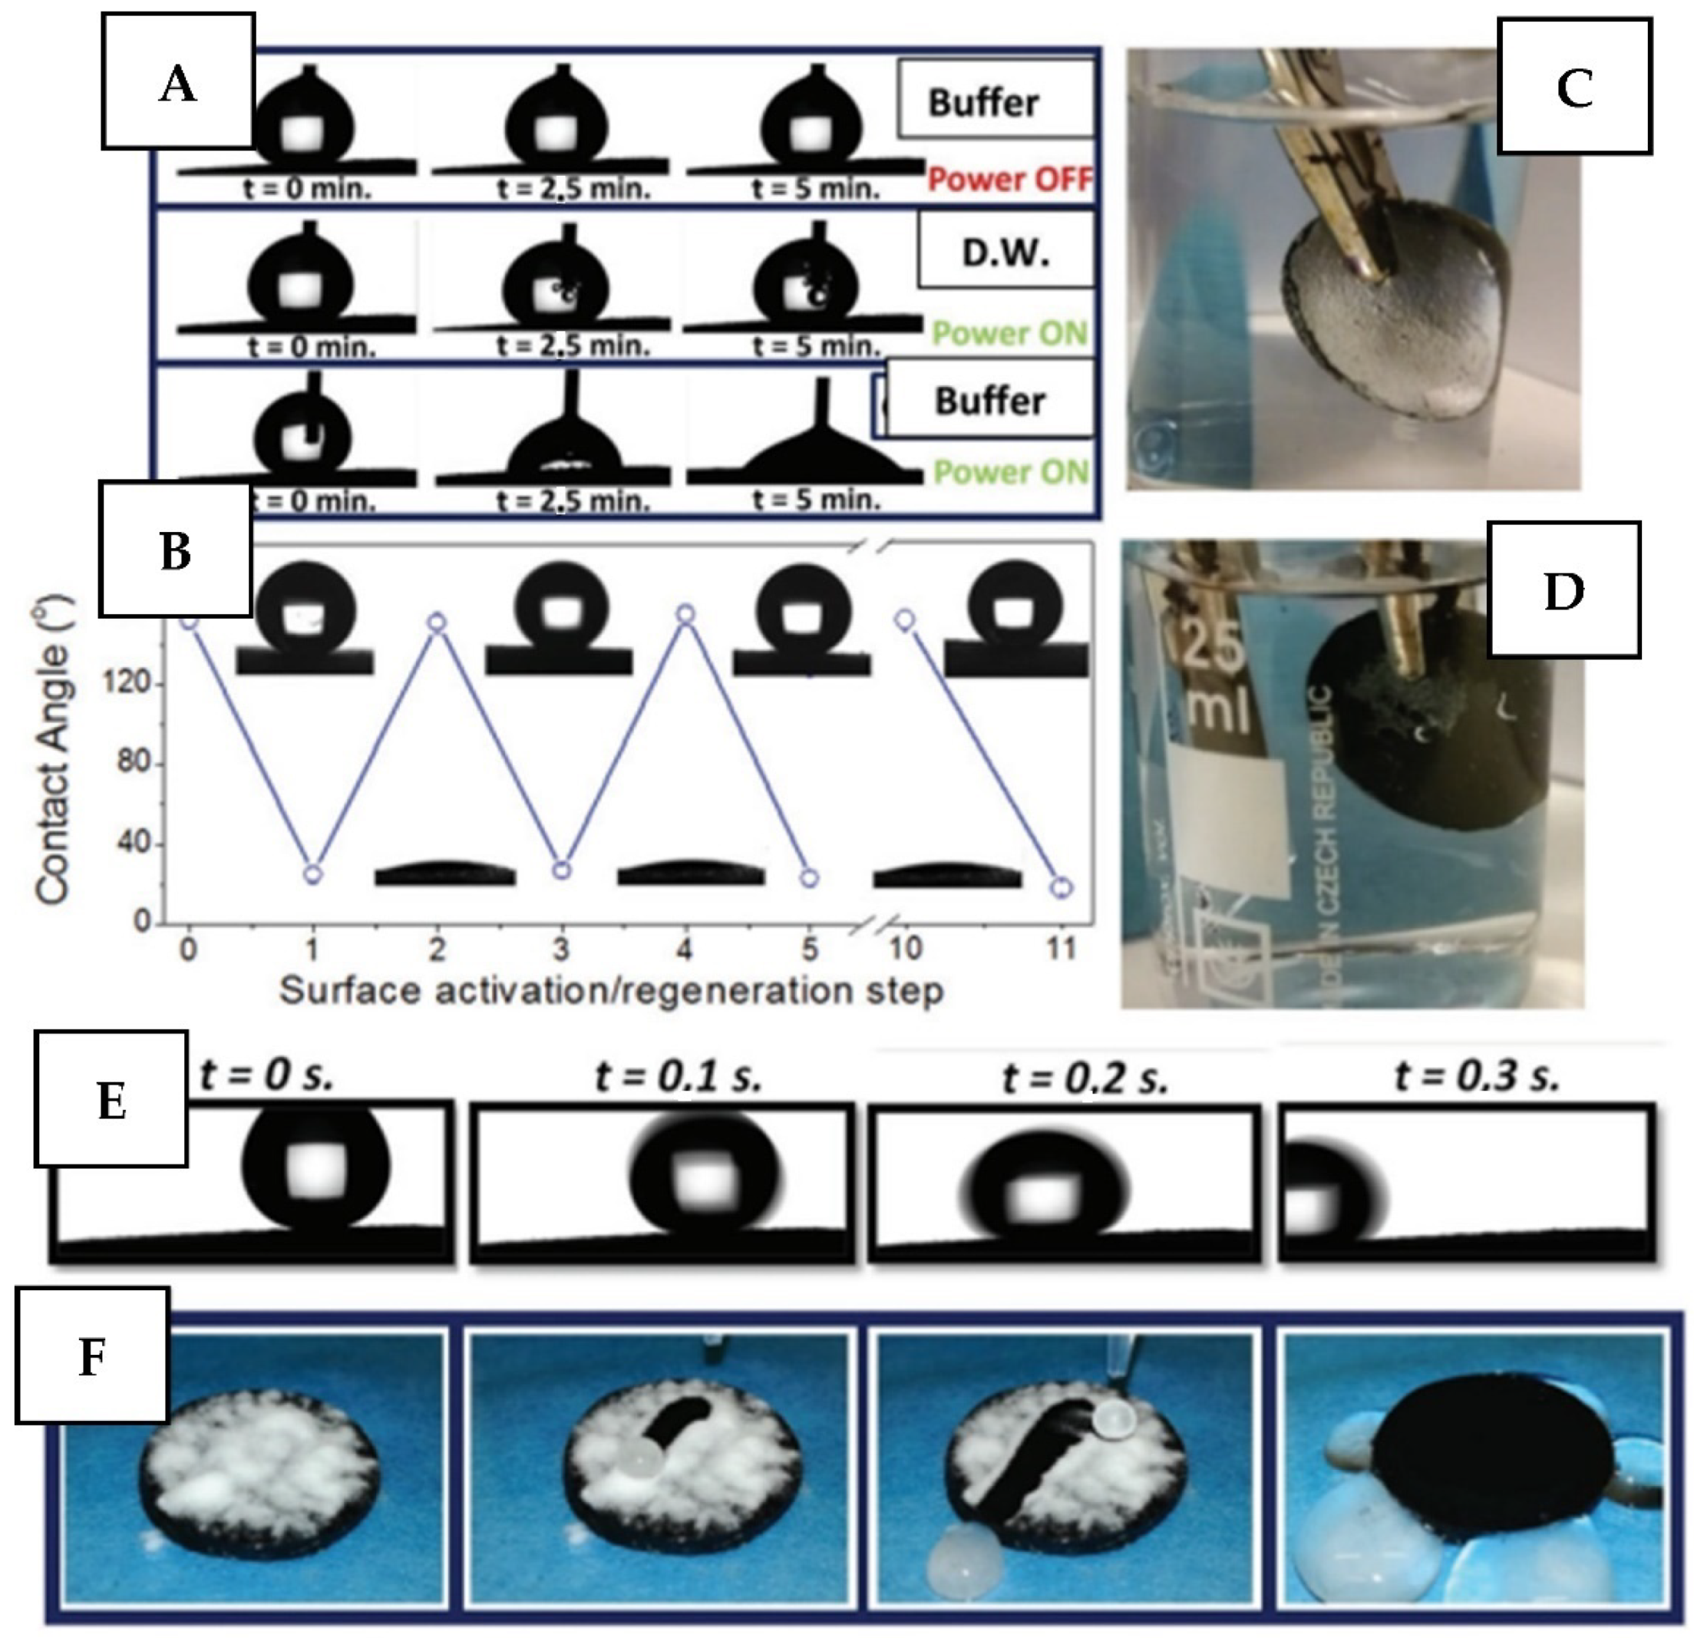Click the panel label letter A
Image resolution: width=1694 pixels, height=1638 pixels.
point(177,84)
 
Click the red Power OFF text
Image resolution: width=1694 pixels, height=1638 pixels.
point(1009,180)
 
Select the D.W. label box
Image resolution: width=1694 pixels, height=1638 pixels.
point(1006,253)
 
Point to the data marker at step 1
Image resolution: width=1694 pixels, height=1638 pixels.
point(313,874)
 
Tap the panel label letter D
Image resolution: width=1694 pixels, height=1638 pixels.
point(1563,592)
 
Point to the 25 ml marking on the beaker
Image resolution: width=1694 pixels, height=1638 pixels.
point(1214,683)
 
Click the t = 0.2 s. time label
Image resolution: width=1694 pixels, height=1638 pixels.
point(1085,1078)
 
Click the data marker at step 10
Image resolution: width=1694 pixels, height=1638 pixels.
point(906,619)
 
